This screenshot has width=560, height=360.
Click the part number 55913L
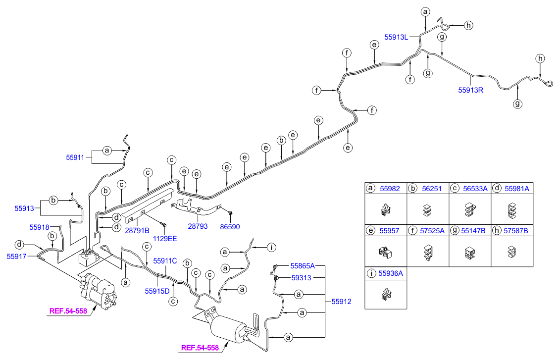pyautogui.click(x=396, y=36)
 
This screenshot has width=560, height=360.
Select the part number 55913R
pyautogui.click(x=470, y=90)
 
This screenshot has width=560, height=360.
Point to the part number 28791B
pyautogui.click(x=137, y=230)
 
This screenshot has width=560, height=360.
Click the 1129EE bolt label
pyautogui.click(x=164, y=238)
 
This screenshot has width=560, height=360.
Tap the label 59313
pyautogui.click(x=301, y=278)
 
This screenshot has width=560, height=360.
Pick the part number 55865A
pyautogui.click(x=303, y=266)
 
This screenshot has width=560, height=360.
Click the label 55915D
pyautogui.click(x=157, y=291)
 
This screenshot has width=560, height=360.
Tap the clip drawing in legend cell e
pyautogui.click(x=385, y=253)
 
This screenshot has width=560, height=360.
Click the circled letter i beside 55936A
pyautogui.click(x=370, y=273)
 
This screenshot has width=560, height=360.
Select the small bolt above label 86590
pyautogui.click(x=230, y=213)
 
